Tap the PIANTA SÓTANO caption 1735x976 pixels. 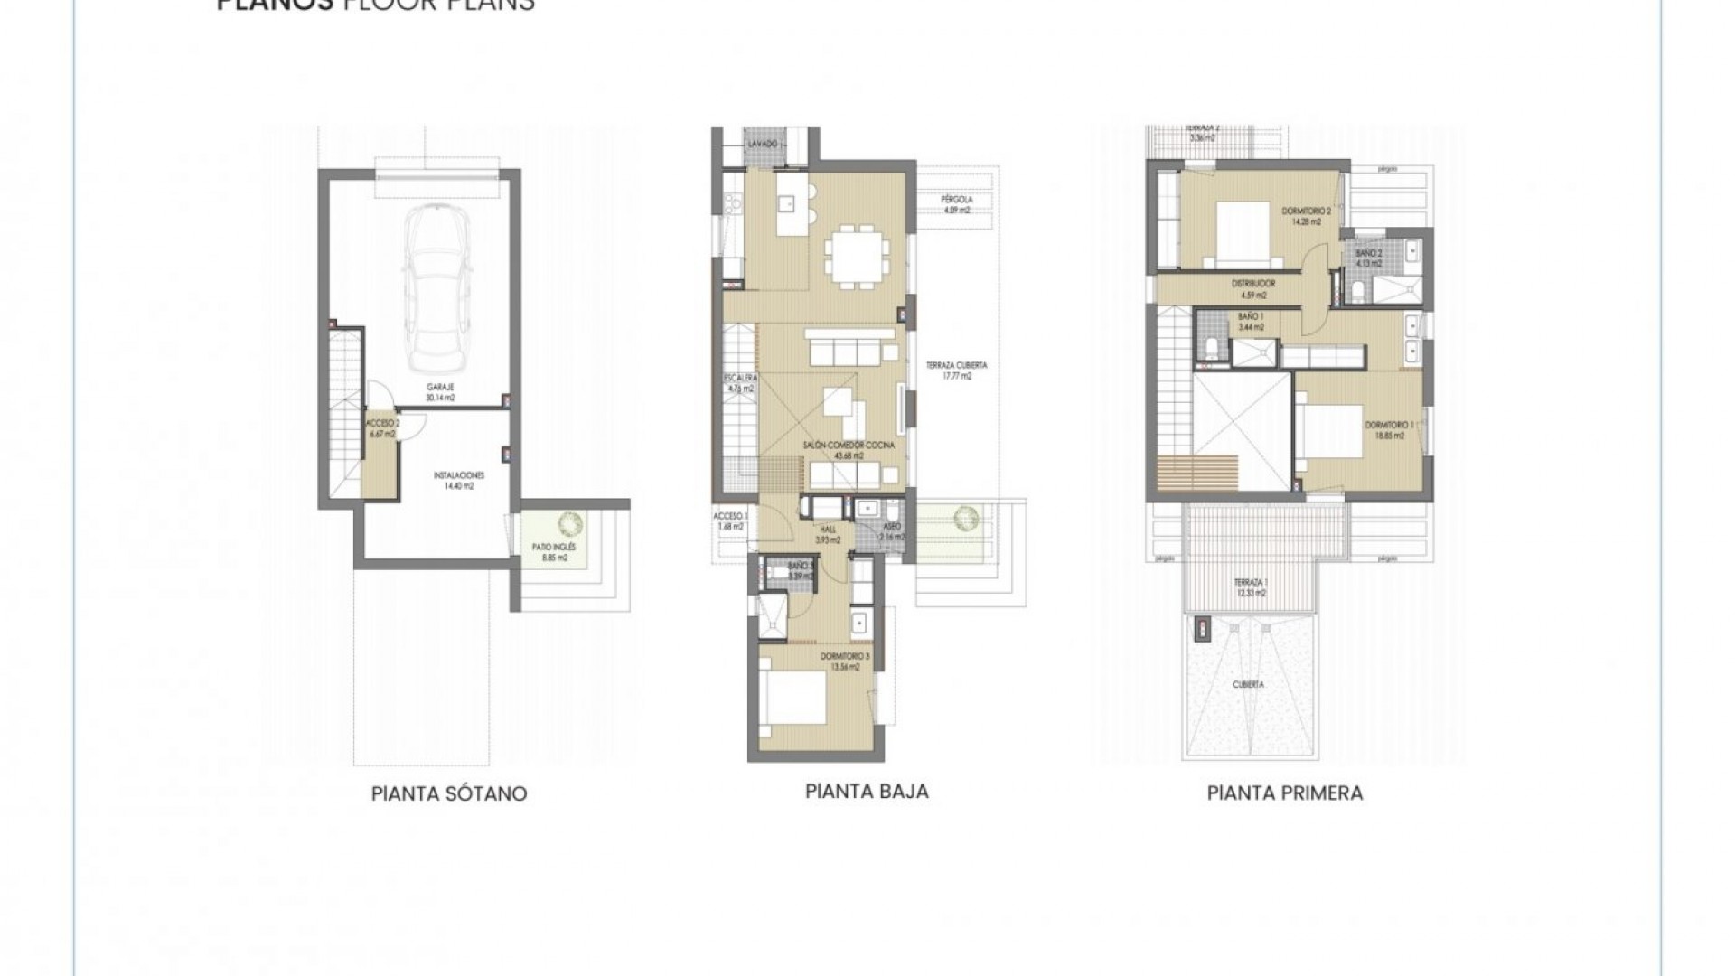coord(449,794)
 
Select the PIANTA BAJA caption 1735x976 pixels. coord(867,792)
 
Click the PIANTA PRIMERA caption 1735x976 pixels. coord(1284,793)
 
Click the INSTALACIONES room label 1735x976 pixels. coord(459,480)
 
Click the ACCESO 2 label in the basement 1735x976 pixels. coord(382,428)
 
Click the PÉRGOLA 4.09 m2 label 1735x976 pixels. coord(954,205)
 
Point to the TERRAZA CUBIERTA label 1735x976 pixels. coord(956,371)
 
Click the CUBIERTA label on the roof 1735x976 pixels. coord(1248,685)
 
